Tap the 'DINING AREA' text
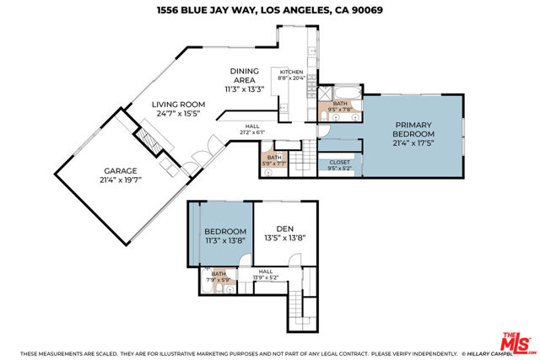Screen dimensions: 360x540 coord(245,76)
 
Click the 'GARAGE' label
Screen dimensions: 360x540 coord(73,171)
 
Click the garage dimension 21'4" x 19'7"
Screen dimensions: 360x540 coord(73,180)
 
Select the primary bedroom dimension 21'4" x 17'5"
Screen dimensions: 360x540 coord(414,144)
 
